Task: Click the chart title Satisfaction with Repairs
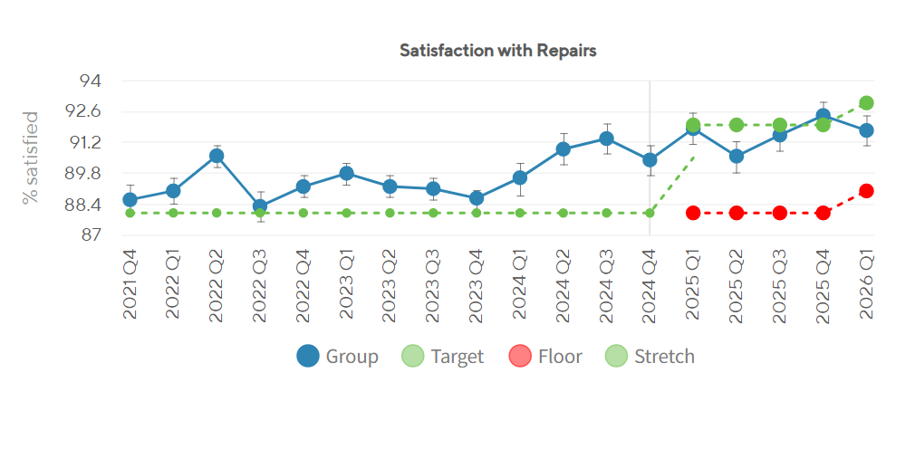(x=497, y=51)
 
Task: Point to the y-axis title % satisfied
(x=30, y=158)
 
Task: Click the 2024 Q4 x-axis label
(x=650, y=285)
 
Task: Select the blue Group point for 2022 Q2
(x=217, y=156)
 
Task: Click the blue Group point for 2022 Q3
(x=260, y=206)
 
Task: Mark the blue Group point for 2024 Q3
(x=606, y=139)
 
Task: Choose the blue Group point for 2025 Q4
(x=823, y=116)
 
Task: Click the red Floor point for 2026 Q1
(x=867, y=191)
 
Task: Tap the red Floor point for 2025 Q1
(x=693, y=213)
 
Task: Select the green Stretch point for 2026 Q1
(x=867, y=103)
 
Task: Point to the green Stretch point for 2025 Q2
(x=737, y=125)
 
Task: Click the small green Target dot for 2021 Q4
(x=130, y=213)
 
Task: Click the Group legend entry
(x=337, y=356)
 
